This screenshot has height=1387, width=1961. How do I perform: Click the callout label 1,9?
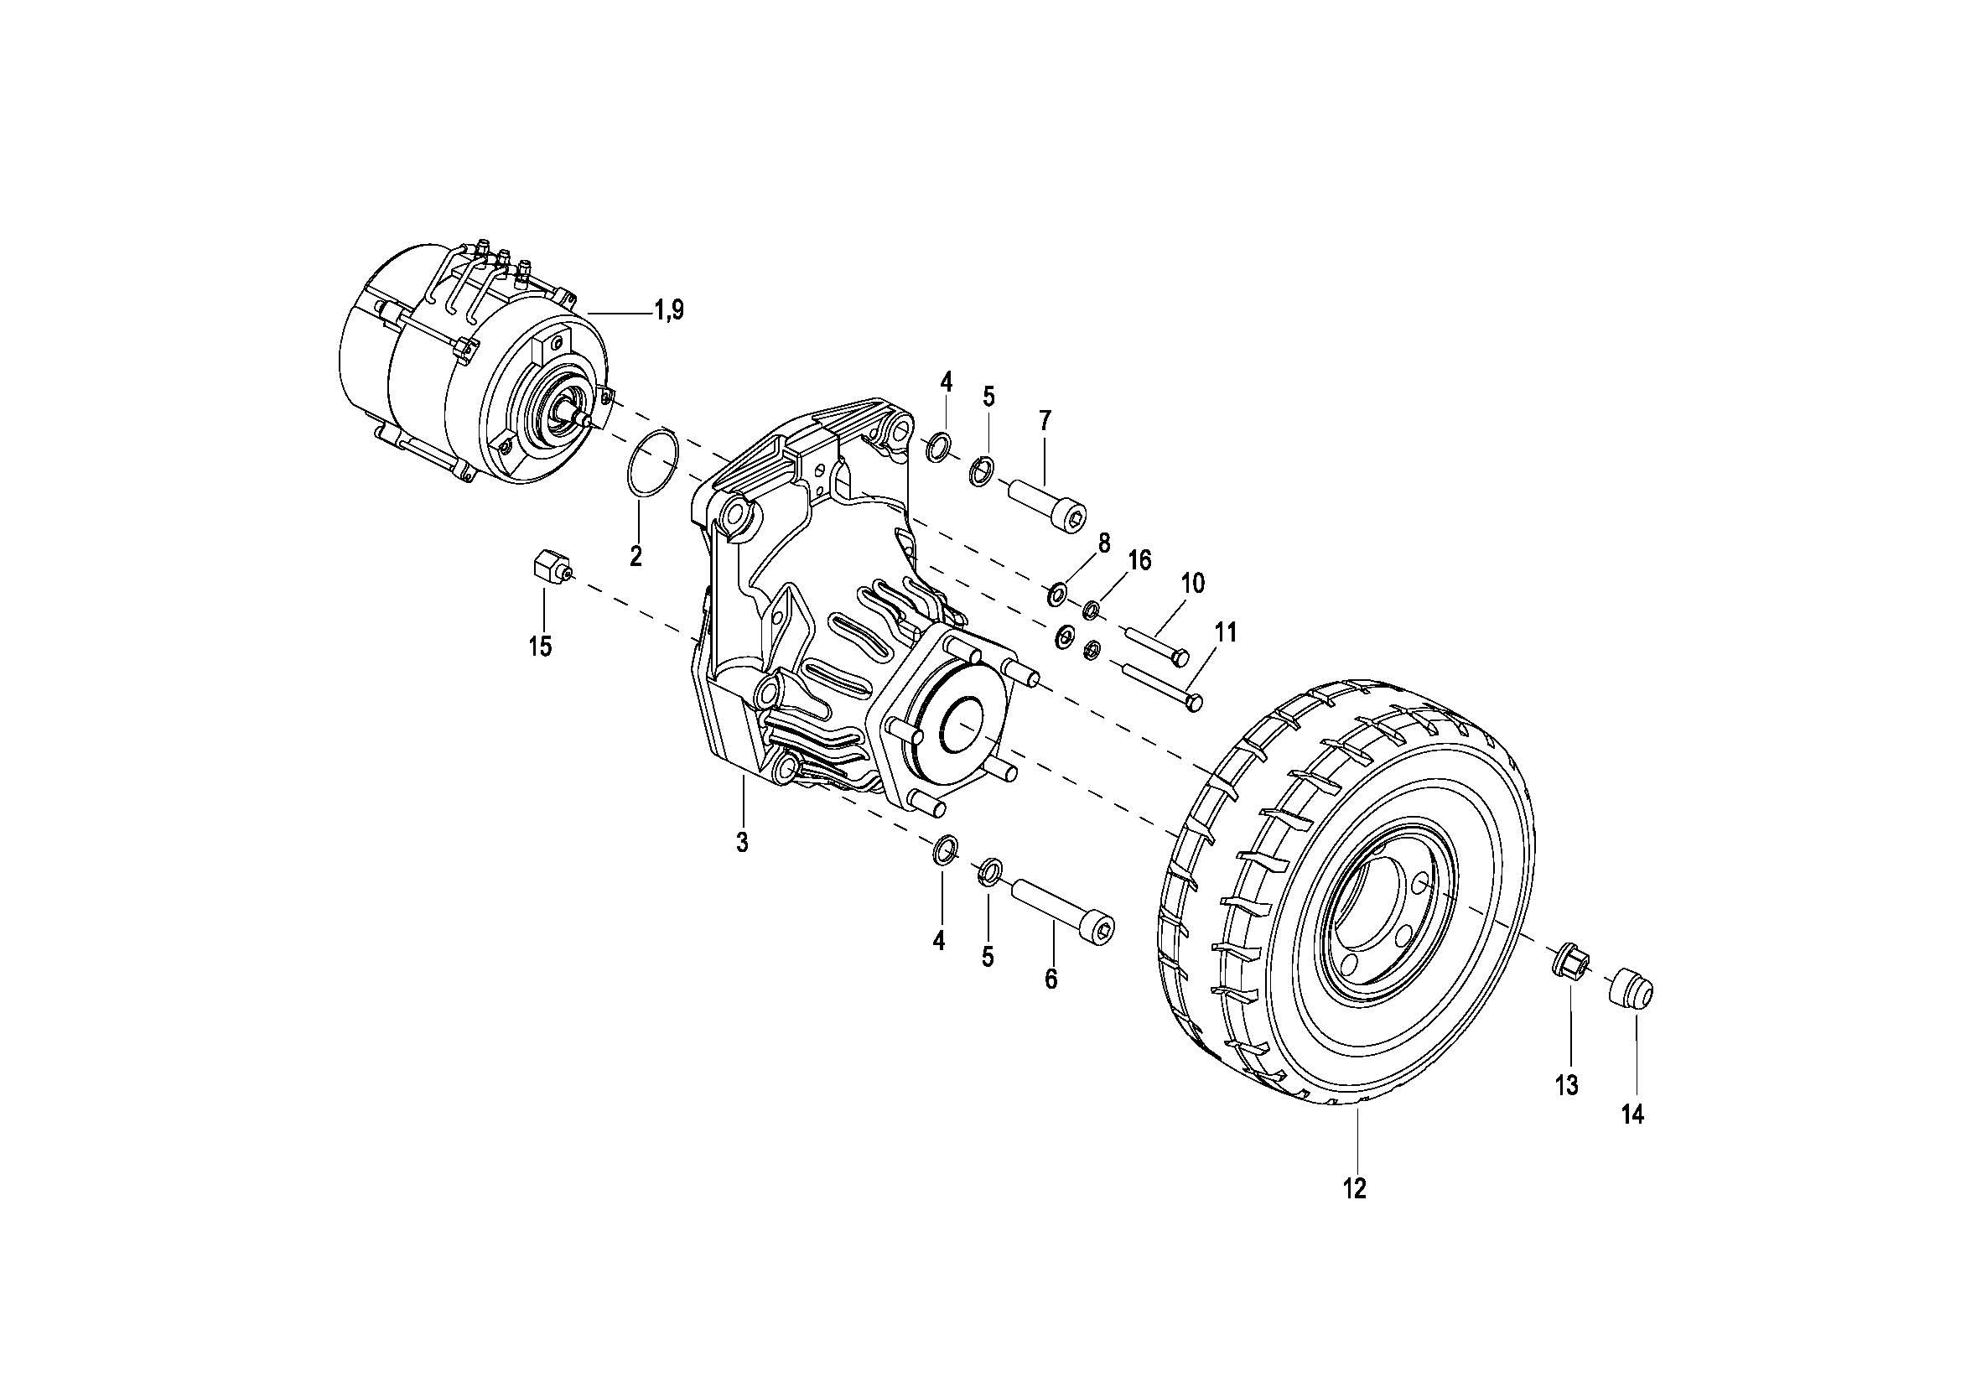pos(670,310)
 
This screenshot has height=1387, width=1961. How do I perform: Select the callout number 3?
pos(742,842)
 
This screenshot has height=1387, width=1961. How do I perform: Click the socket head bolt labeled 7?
pos(1047,506)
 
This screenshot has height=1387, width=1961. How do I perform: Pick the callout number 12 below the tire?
pos(1355,1188)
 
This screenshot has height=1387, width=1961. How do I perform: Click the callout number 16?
pos(1139,560)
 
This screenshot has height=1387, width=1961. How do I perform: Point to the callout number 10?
pos(1192,584)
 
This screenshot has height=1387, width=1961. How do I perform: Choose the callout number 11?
pos(1226,633)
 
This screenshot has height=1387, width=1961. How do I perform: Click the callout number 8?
pos(1103,543)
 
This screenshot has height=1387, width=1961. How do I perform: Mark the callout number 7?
pos(1045,420)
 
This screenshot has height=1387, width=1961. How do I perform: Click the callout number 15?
pos(540,647)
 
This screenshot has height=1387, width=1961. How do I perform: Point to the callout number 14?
pos(1632,1114)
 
